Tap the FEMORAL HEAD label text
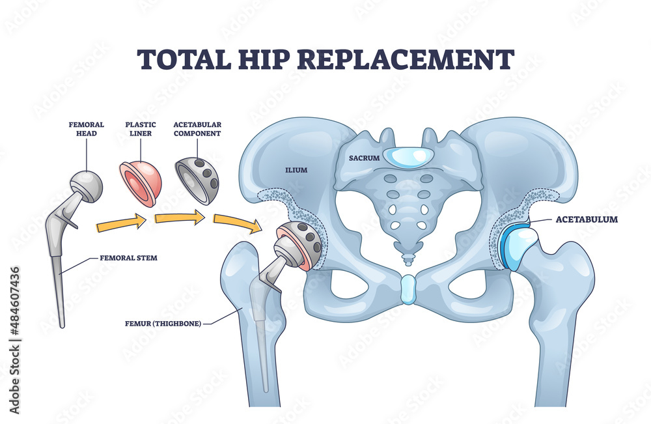pyautogui.click(x=87, y=128)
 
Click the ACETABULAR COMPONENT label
pyautogui.click(x=197, y=128)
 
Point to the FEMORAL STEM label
pyautogui.click(x=129, y=258)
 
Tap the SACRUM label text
pyautogui.click(x=360, y=158)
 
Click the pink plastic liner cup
pyautogui.click(x=141, y=182)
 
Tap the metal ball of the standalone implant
pyautogui.click(x=87, y=185)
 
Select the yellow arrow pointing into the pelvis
pyautogui.click(x=238, y=223)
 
